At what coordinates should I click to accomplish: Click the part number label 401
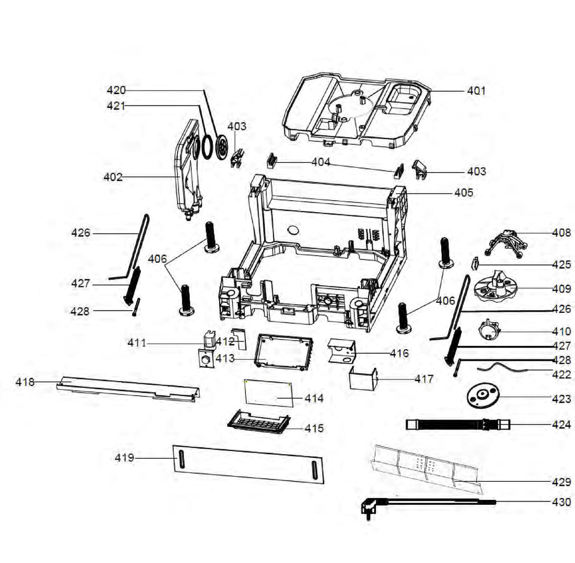[476, 91]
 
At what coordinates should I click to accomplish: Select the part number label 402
[113, 177]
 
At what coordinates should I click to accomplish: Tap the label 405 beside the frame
[463, 193]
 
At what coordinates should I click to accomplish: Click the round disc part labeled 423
[481, 396]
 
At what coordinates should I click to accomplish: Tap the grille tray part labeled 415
[259, 422]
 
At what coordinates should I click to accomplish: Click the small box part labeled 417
[363, 380]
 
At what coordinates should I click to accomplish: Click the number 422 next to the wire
[561, 375]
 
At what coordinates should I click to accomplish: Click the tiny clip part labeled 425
[474, 263]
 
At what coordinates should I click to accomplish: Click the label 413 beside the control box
[226, 358]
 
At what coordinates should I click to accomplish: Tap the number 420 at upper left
[116, 90]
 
